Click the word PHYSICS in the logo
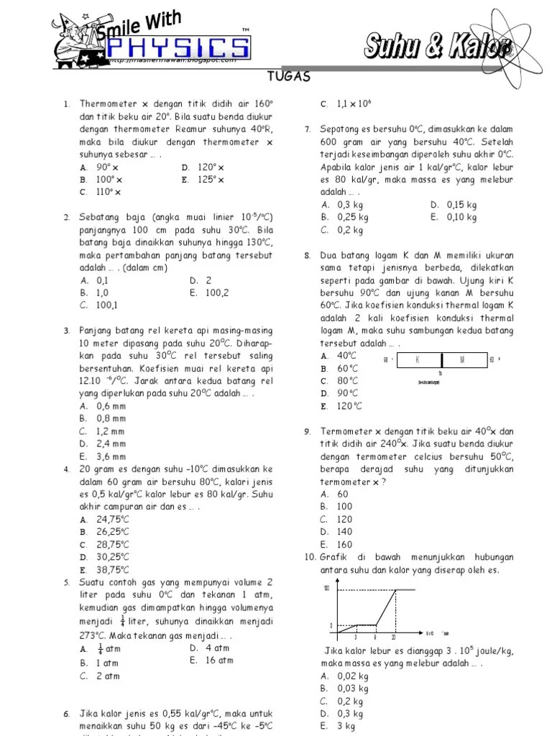point(176,49)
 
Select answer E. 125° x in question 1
point(203,180)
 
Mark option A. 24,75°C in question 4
point(104,519)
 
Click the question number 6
point(66,714)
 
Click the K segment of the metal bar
point(417,359)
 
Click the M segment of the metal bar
point(462,359)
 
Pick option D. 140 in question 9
point(336,531)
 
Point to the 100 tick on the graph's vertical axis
point(326,589)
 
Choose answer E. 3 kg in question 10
point(333,726)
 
